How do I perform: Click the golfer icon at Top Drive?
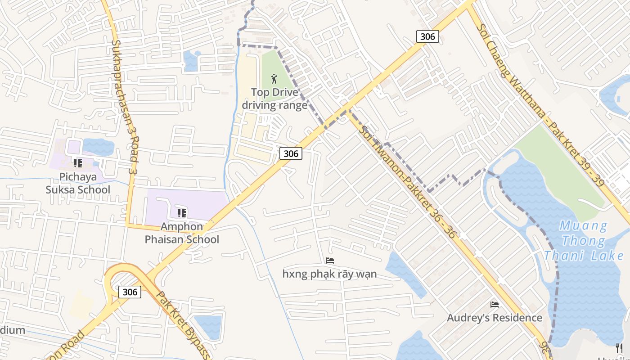point(274,79)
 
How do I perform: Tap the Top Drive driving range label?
point(274,99)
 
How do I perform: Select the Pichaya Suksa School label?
point(78,183)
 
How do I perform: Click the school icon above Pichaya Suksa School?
point(78,163)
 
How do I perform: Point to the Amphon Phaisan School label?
point(182,233)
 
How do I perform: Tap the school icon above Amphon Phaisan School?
point(182,213)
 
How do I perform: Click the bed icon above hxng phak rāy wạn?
point(330,260)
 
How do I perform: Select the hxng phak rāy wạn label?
point(330,274)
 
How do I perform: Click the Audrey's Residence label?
point(495,318)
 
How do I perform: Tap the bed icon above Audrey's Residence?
point(495,305)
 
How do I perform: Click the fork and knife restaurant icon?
point(619,347)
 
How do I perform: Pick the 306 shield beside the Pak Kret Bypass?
point(130,292)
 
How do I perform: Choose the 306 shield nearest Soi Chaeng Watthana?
point(427,36)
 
